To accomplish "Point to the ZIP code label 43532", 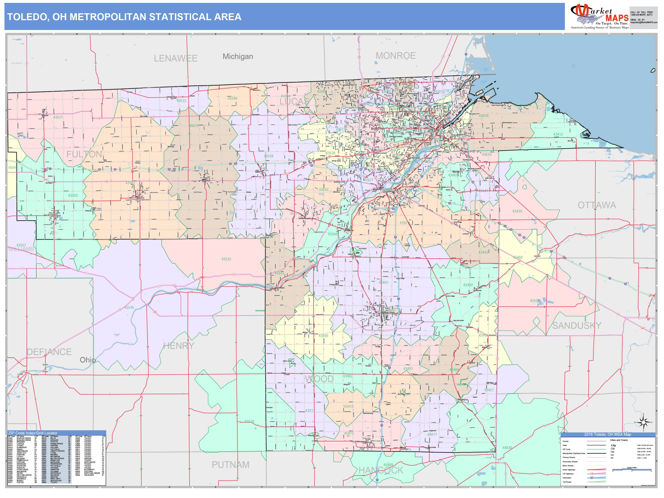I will [226, 259].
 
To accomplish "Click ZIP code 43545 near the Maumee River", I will [129, 307].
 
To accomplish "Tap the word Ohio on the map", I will [88, 360].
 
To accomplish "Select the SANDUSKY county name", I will [577, 325].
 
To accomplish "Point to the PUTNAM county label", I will [231, 465].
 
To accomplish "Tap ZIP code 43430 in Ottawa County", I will [517, 211].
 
